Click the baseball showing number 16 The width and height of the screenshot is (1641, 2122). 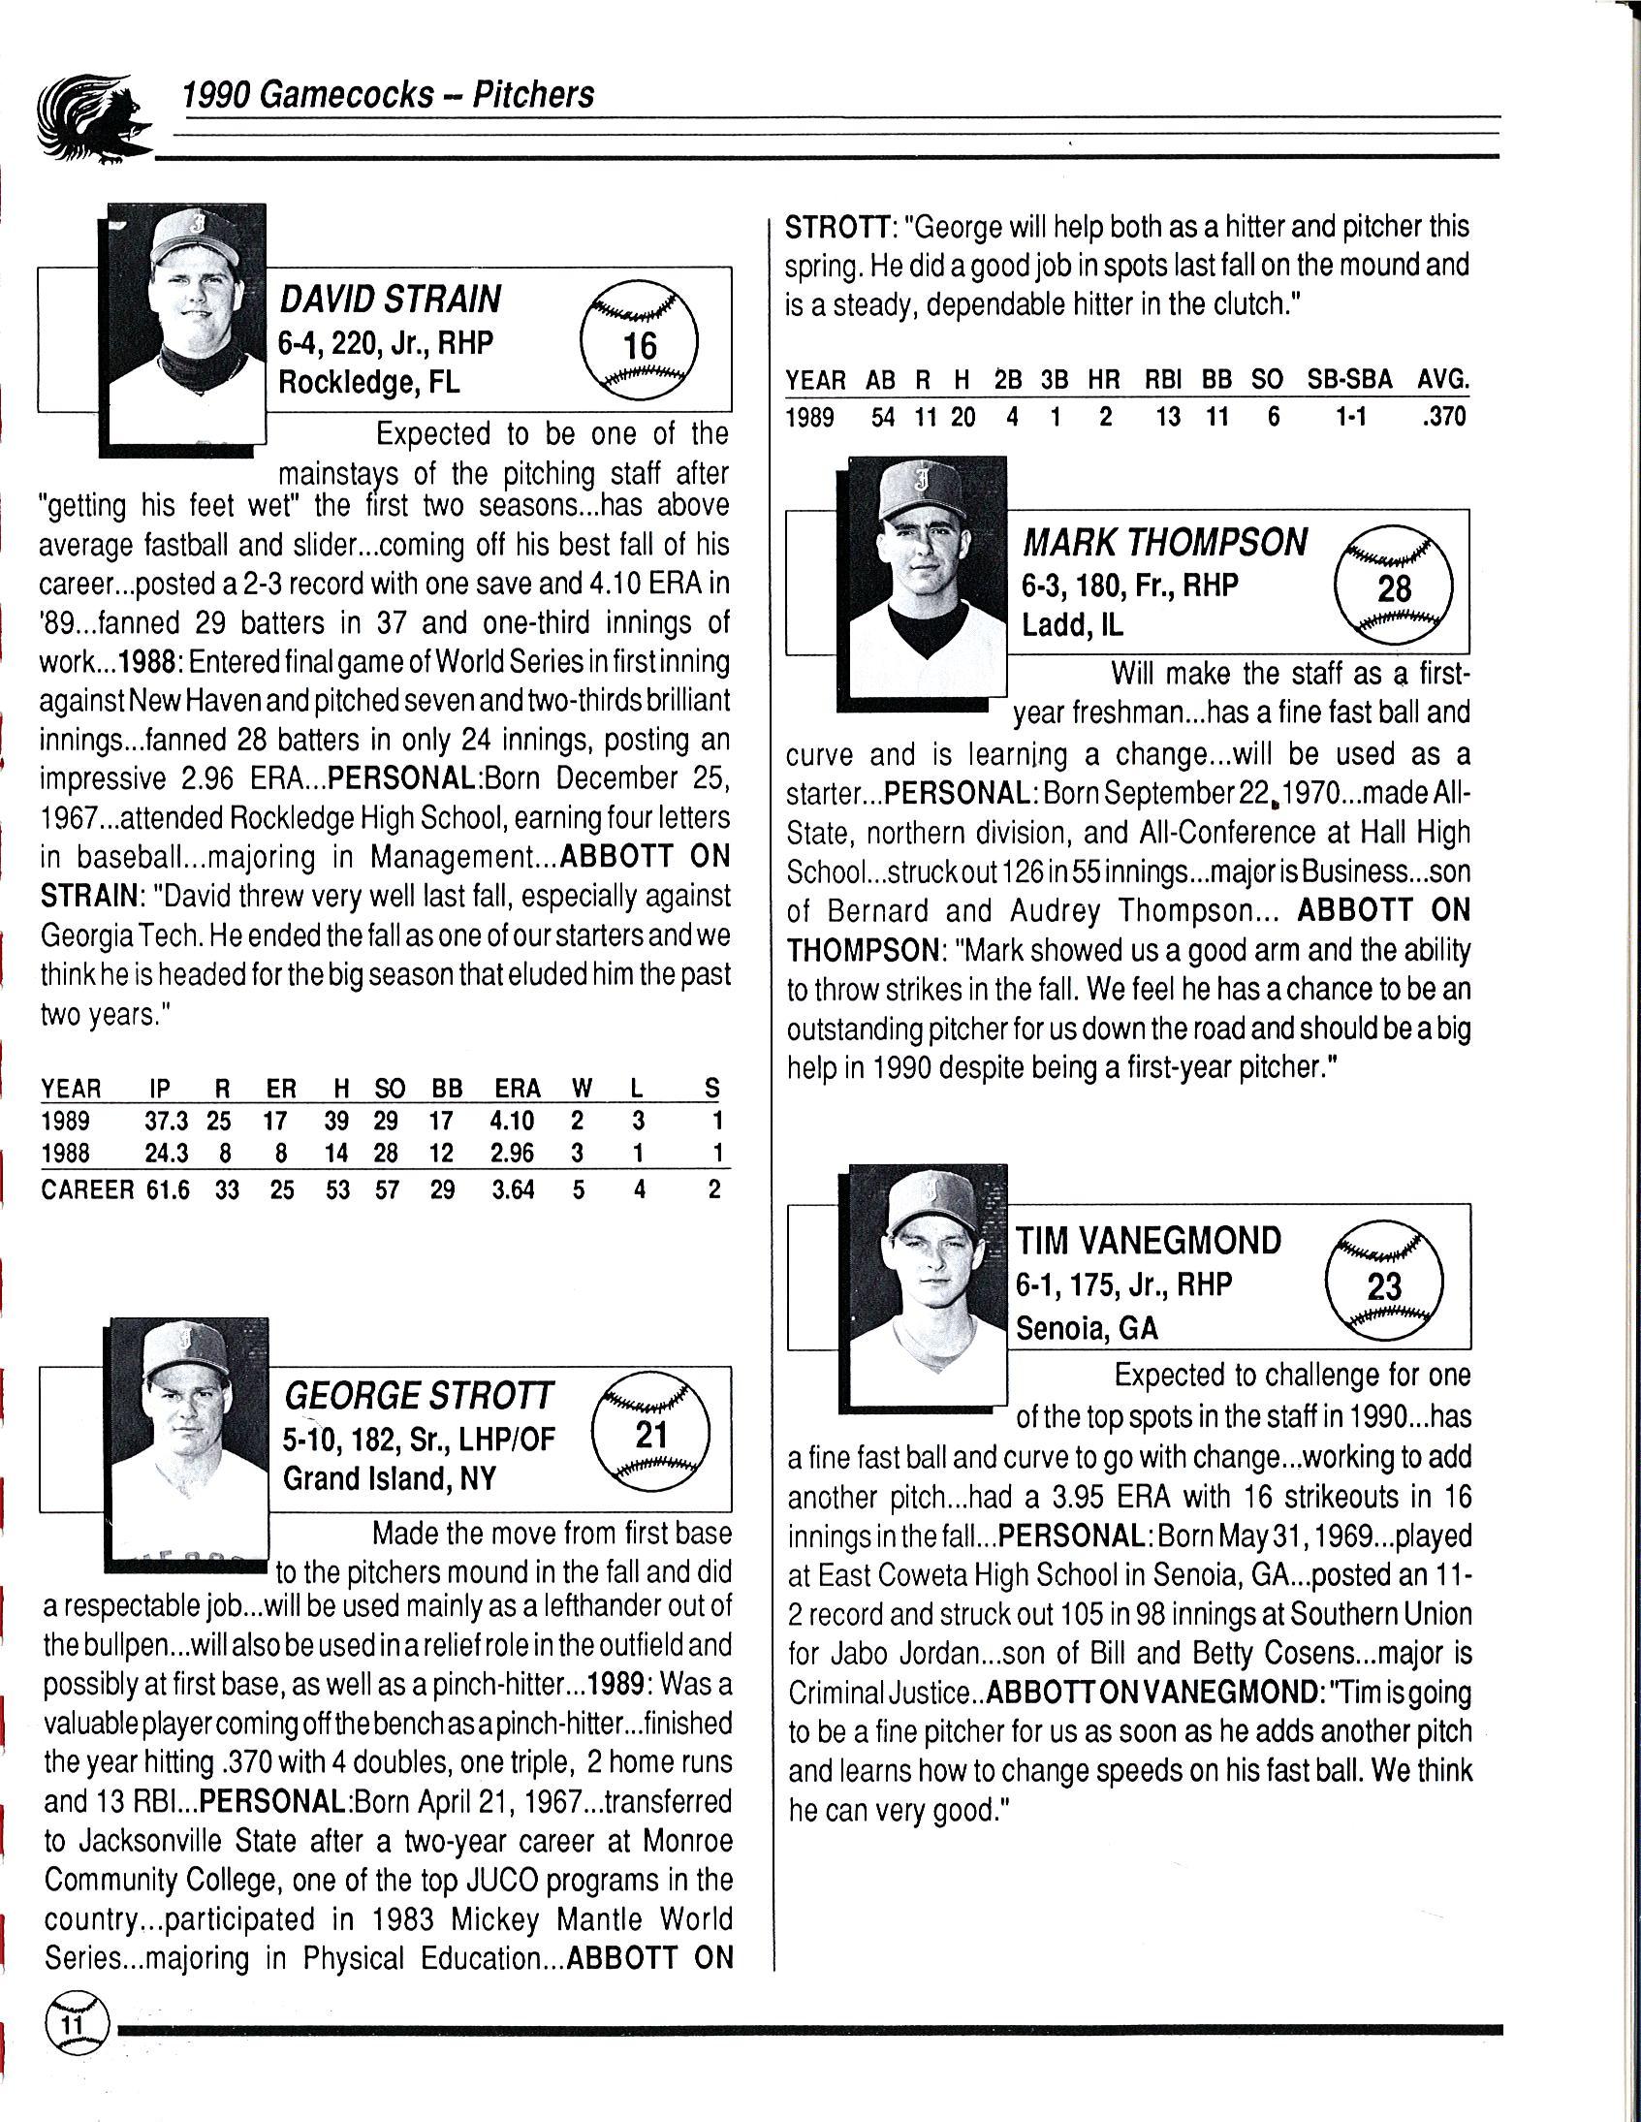[x=640, y=339]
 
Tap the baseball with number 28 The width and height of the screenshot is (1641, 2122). [x=1393, y=583]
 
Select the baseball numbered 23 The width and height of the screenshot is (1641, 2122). [x=1384, y=1283]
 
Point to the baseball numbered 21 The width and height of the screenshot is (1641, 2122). [x=650, y=1432]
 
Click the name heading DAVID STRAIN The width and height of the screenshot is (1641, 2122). [x=391, y=300]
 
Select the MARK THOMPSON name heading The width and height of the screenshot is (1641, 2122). [x=1165, y=542]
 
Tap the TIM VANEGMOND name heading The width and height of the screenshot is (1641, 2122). [x=1149, y=1241]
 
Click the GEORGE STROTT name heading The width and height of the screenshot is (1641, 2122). [x=419, y=1396]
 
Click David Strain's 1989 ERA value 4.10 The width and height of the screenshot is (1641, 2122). [x=512, y=1122]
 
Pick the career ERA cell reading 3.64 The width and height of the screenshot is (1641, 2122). [x=513, y=1189]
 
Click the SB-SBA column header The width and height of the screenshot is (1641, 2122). [x=1349, y=379]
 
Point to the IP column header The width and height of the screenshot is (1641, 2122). [x=159, y=1089]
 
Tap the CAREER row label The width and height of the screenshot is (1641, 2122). [x=87, y=1189]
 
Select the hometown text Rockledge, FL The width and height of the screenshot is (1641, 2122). [x=369, y=382]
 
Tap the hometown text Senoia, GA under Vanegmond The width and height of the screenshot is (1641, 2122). [x=1088, y=1327]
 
